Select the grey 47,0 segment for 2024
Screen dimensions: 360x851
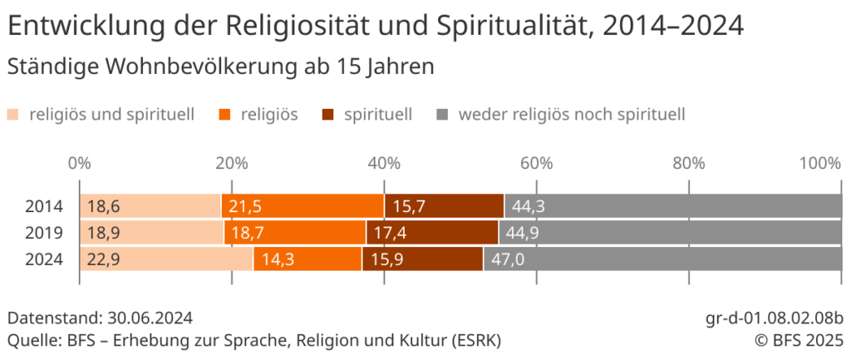pyautogui.click(x=662, y=259)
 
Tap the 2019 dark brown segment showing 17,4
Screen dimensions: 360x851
pyautogui.click(x=432, y=233)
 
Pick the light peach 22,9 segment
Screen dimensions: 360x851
pyautogui.click(x=166, y=259)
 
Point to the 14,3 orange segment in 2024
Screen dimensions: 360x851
pyautogui.click(x=307, y=259)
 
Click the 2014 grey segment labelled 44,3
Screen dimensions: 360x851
pyautogui.click(x=672, y=205)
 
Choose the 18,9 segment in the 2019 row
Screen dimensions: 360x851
pyautogui.click(x=152, y=233)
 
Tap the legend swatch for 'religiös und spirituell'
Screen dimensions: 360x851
pyautogui.click(x=14, y=115)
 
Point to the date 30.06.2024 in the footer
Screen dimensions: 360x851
pyautogui.click(x=150, y=318)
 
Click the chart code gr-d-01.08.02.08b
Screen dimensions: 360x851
pyautogui.click(x=774, y=318)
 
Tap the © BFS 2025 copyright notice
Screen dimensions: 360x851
pyautogui.click(x=799, y=340)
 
